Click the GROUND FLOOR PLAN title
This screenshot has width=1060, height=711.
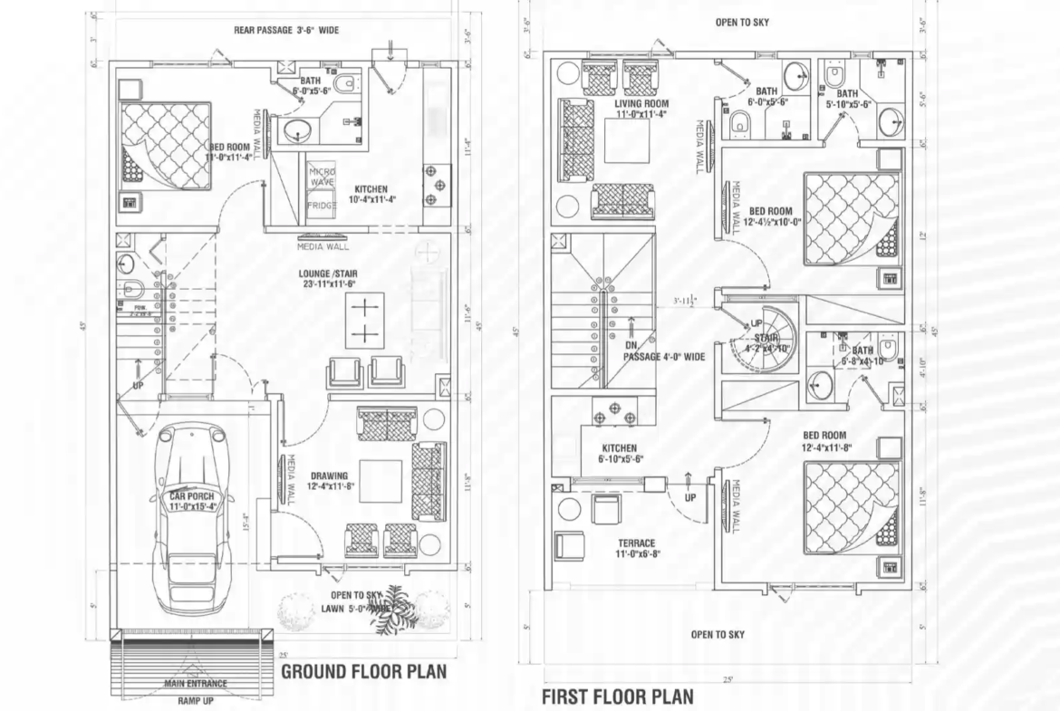pyautogui.click(x=363, y=672)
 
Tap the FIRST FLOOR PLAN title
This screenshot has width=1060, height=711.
pyautogui.click(x=617, y=697)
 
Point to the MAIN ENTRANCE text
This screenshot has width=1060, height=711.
pyautogui.click(x=196, y=683)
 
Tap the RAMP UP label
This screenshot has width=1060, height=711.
pyautogui.click(x=196, y=701)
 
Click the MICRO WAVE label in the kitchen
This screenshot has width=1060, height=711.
pyautogui.click(x=322, y=178)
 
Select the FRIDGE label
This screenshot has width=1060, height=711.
pyautogui.click(x=322, y=206)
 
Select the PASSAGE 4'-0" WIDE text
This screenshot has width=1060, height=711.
pyautogui.click(x=663, y=357)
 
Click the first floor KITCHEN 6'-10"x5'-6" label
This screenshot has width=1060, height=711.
pyautogui.click(x=620, y=454)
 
